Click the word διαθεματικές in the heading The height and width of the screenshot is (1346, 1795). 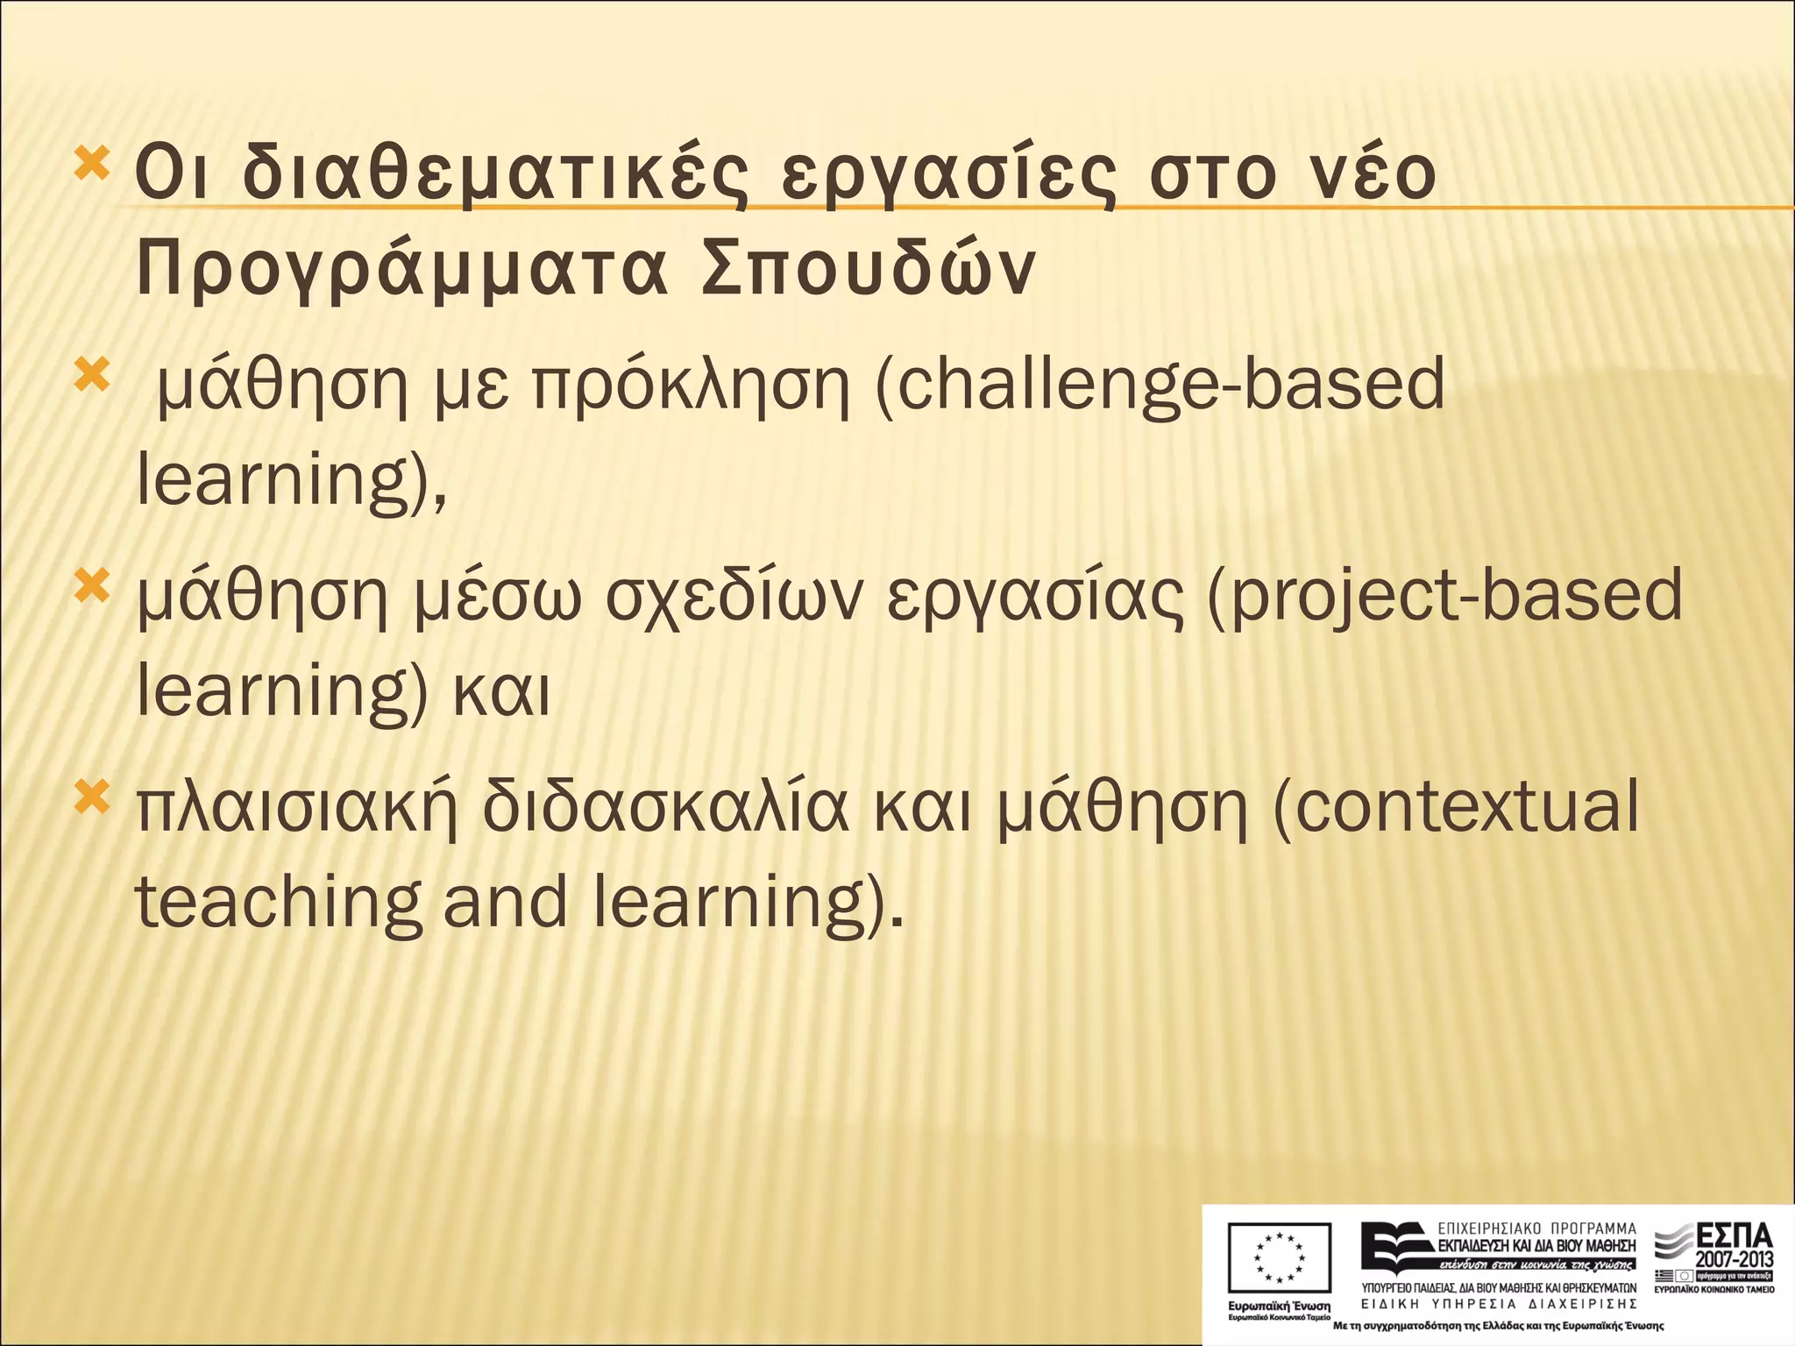pyautogui.click(x=495, y=175)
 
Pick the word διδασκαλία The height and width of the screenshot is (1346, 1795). pyautogui.click(x=666, y=806)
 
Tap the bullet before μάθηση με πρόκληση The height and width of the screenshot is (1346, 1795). pyautogui.click(x=91, y=375)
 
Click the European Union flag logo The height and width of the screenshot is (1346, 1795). pyautogui.click(x=1279, y=1257)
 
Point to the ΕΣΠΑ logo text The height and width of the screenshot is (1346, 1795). pyautogui.click(x=1735, y=1236)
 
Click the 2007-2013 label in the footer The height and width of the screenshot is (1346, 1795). pyautogui.click(x=1734, y=1259)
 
